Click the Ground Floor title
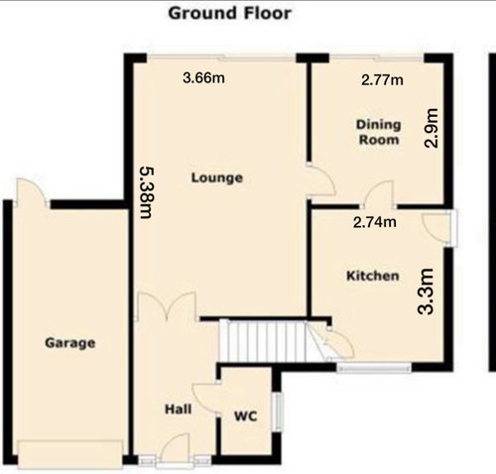[x=230, y=14]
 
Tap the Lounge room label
[x=217, y=178]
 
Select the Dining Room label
[x=379, y=132]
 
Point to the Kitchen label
[x=373, y=276]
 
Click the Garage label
[x=70, y=343]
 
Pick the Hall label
[x=179, y=410]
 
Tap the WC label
[x=246, y=416]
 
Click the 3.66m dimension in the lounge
[x=203, y=78]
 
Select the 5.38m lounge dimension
[x=147, y=192]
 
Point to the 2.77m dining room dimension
[x=382, y=80]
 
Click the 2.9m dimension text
[x=432, y=128]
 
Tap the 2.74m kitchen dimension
[x=375, y=222]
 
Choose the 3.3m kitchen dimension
[x=426, y=292]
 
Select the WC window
[x=278, y=412]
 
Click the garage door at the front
[x=70, y=454]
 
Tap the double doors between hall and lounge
[x=167, y=306]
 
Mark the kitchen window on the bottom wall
[x=374, y=367]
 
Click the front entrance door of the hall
[x=175, y=448]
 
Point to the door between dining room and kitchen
[x=379, y=195]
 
